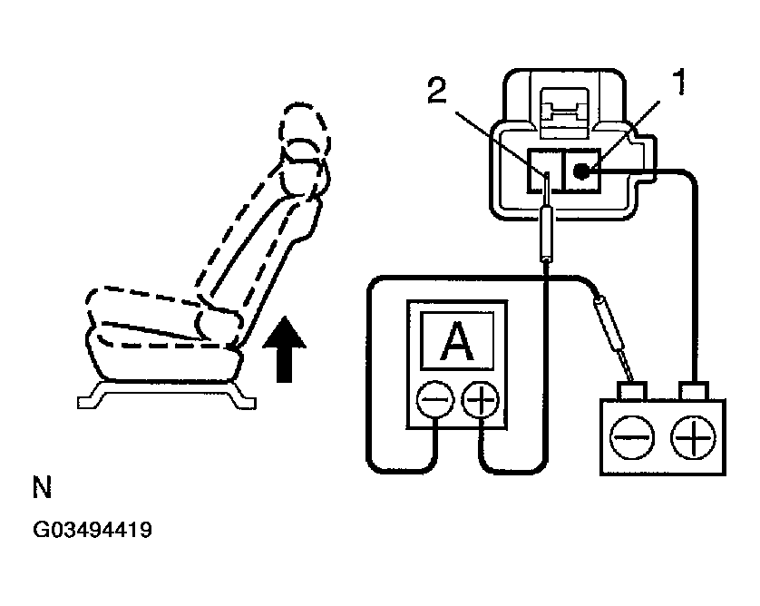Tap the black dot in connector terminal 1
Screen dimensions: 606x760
click(583, 170)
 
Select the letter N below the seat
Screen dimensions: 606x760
click(42, 490)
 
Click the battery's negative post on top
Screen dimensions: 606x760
click(629, 391)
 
